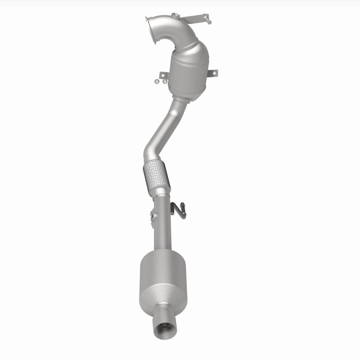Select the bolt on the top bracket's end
208,20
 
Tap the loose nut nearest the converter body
164,82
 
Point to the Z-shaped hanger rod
179,210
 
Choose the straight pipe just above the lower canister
161,234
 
